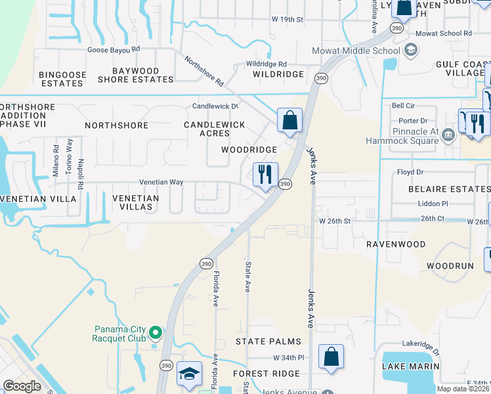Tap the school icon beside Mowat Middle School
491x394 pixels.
click(411, 50)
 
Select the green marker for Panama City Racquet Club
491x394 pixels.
click(156, 333)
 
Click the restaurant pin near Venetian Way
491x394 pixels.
click(266, 175)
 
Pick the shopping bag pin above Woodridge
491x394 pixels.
click(289, 121)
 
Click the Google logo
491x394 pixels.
click(22, 386)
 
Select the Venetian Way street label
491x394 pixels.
click(161, 183)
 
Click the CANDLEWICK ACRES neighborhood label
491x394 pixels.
click(215, 129)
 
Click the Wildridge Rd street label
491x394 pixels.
click(266, 64)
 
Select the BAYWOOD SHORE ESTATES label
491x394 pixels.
click(136, 75)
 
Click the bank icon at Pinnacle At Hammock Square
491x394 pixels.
click(448, 135)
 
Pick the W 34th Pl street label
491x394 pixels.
click(289, 358)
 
